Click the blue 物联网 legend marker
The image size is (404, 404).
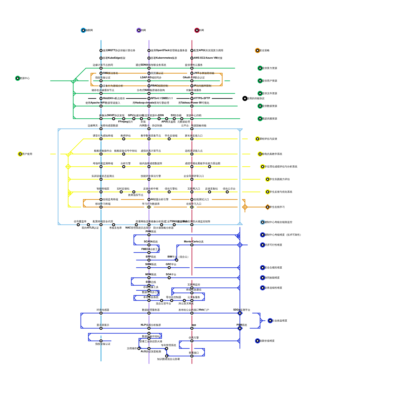(x=83, y=30)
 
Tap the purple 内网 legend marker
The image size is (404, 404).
(x=139, y=30)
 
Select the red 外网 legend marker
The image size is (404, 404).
(x=197, y=30)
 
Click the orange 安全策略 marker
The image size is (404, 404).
(x=258, y=50)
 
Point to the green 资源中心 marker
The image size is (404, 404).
(x=18, y=78)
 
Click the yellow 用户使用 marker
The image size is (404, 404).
(x=20, y=154)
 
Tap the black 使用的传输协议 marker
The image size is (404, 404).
(x=245, y=98)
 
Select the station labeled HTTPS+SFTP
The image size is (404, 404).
(x=192, y=98)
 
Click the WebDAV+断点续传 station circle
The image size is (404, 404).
(x=101, y=98)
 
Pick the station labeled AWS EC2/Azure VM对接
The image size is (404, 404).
(x=192, y=58)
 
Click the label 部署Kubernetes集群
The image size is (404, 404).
(x=164, y=58)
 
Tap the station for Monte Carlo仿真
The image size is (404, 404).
(x=192, y=245)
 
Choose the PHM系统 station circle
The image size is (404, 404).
(x=149, y=235)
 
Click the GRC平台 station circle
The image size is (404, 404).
(x=169, y=268)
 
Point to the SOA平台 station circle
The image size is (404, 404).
(x=169, y=278)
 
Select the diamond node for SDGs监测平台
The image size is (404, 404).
(x=240, y=313)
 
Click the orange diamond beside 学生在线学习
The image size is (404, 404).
(x=268, y=207)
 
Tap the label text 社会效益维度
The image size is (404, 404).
(x=280, y=321)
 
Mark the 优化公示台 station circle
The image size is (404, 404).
(x=227, y=192)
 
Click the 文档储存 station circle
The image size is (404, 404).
(x=139, y=348)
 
